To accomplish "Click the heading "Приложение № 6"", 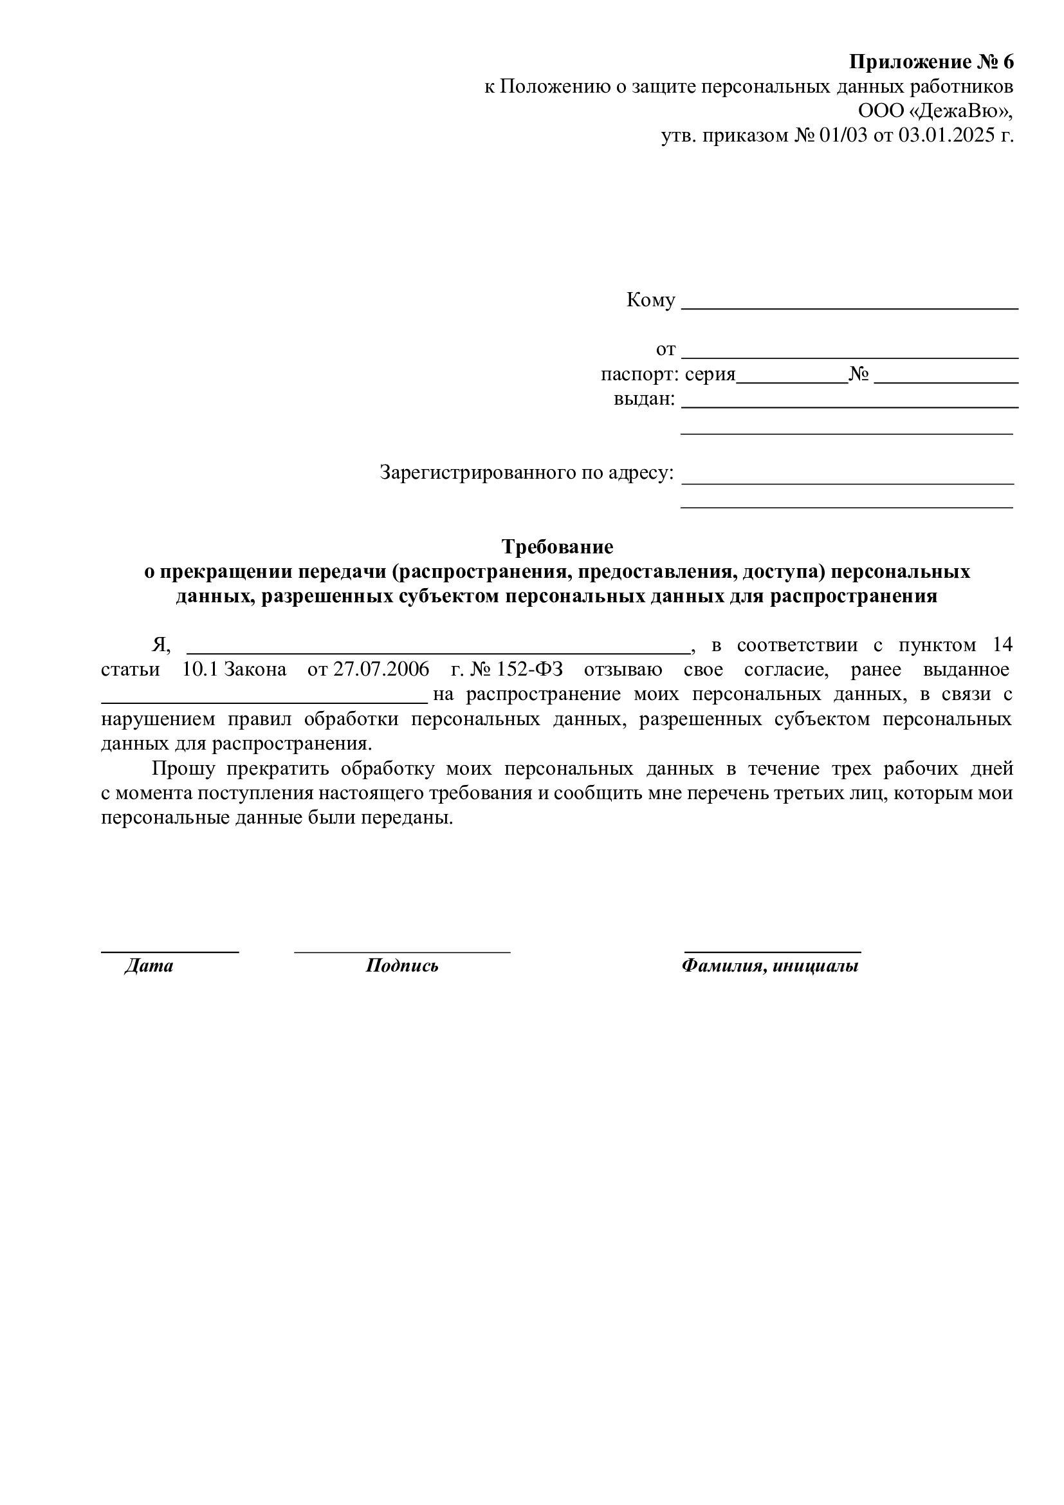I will (931, 62).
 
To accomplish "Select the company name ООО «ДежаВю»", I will (935, 111).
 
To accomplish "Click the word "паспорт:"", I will (639, 375).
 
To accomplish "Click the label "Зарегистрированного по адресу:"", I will (526, 474).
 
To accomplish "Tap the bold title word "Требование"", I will (557, 547).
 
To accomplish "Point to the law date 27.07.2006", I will (381, 670).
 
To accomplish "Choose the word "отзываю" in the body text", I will (623, 670).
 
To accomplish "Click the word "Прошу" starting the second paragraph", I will (183, 768).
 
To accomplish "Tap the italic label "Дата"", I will (149, 966).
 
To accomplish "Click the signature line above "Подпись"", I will (401, 950).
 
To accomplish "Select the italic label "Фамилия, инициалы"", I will (770, 966).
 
